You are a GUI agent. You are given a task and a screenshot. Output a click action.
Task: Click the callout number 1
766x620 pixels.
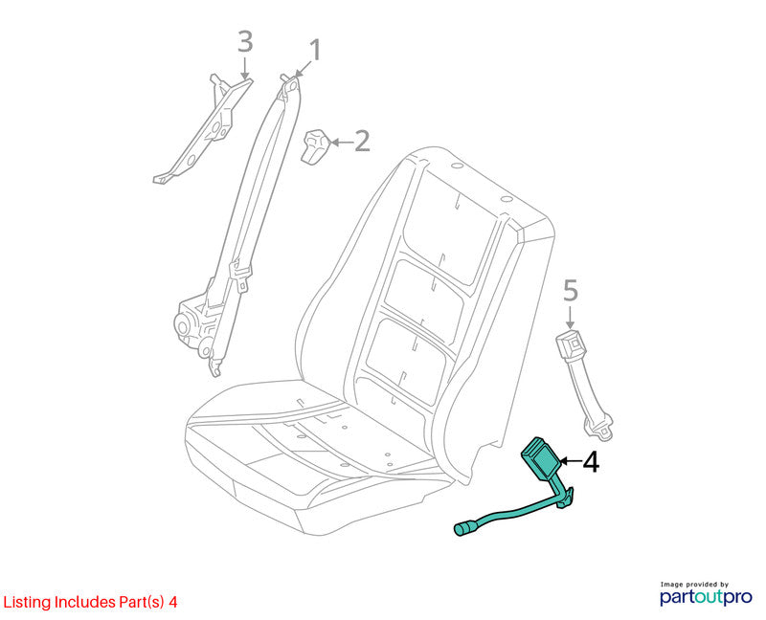pos(316,51)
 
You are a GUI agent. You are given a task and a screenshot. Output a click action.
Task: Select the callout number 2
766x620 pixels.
pos(362,141)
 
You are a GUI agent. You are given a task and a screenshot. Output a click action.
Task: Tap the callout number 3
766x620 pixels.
pos(245,41)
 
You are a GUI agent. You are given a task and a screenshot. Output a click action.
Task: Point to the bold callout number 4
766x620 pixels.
pos(591,461)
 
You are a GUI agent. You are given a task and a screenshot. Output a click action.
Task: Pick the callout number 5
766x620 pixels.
pos(571,291)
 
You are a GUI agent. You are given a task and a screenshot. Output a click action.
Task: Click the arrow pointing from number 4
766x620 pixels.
pos(570,461)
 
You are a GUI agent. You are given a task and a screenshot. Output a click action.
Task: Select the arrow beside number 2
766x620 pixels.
pos(342,142)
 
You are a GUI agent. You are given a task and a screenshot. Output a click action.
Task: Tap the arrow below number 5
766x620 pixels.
pos(570,318)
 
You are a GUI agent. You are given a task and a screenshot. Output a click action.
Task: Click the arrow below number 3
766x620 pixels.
pos(245,68)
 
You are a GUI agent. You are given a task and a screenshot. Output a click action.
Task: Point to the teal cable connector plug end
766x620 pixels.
pos(463,529)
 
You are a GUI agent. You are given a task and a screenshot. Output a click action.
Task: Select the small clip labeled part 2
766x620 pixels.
pos(316,145)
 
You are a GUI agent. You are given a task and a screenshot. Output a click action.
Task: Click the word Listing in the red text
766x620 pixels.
pos(28,602)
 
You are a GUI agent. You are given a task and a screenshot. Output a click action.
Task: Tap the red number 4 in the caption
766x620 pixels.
pos(173,602)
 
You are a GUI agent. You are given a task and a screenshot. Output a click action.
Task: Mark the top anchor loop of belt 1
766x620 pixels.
pos(292,85)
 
